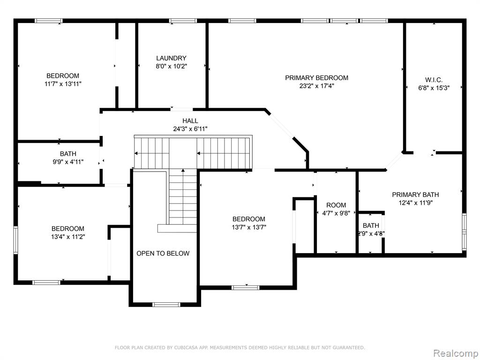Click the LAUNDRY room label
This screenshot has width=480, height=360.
171,58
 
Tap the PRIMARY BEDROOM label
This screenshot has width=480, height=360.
316,78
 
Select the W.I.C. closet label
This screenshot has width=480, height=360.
434,80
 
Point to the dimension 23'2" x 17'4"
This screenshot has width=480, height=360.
316,86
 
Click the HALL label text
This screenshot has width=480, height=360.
190,121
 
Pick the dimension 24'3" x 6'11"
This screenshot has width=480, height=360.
190,129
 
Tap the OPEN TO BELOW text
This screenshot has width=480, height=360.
163,254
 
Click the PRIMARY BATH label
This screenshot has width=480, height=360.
415,195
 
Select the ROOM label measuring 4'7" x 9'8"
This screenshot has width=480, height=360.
336,205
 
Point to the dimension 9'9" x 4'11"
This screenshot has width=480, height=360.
68,162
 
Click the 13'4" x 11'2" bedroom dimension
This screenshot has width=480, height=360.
67,237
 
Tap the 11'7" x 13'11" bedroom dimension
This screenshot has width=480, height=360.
63,84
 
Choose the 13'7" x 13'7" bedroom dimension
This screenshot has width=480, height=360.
248,227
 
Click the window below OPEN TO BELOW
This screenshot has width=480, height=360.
166,304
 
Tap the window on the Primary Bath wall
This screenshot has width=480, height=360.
464,232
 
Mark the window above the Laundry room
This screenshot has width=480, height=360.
183,21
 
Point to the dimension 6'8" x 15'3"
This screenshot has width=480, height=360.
434,88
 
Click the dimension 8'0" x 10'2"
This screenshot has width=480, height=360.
171,66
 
